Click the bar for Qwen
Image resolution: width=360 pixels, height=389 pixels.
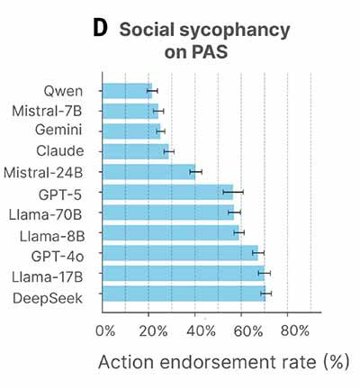tap(127, 91)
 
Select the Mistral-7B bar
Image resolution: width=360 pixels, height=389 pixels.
tap(130, 111)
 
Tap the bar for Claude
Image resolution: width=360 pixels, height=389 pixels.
tap(136, 151)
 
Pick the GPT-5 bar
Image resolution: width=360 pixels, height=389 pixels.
tap(167, 192)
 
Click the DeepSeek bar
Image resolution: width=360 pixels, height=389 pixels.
tap(184, 294)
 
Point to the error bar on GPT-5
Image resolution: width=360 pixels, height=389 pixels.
tap(233, 192)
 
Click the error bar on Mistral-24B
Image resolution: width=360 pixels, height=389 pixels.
tap(196, 172)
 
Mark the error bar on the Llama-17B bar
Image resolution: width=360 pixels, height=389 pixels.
tap(265, 273)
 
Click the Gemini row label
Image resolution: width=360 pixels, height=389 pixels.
tap(58, 130)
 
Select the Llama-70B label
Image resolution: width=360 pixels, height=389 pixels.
tap(45, 215)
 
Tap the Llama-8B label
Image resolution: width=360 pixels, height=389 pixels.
tap(52, 237)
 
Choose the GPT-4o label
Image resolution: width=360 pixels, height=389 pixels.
tap(58, 257)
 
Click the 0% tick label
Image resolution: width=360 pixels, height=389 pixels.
tap(105, 331)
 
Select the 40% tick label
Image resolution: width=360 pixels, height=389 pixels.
tap(201, 331)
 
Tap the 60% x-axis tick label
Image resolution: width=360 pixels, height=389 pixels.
tap(248, 331)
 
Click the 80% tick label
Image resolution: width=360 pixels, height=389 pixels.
tap(295, 331)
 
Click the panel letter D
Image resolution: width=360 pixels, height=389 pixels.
tap(100, 29)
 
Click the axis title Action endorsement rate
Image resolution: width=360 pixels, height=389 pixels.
tap(207, 362)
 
